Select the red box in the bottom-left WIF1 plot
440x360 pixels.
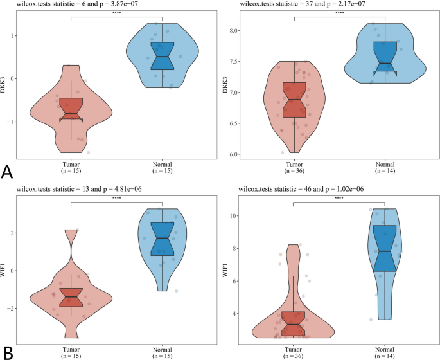71,296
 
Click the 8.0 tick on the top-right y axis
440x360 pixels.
231,31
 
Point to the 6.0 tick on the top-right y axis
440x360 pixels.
231,154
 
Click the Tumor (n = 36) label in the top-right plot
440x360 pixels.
294,168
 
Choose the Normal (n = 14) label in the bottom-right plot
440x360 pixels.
385,352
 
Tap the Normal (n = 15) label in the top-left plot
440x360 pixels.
163,168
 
